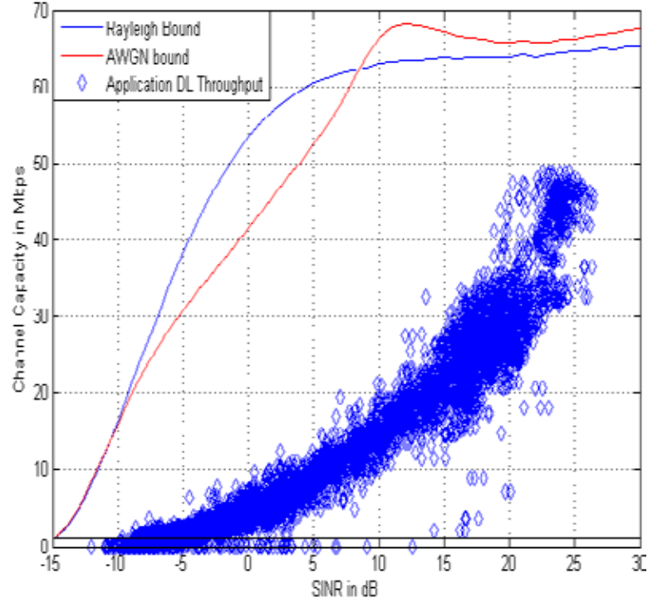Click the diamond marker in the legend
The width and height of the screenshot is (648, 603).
(83, 84)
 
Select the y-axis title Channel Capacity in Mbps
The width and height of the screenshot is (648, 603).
(17, 278)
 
